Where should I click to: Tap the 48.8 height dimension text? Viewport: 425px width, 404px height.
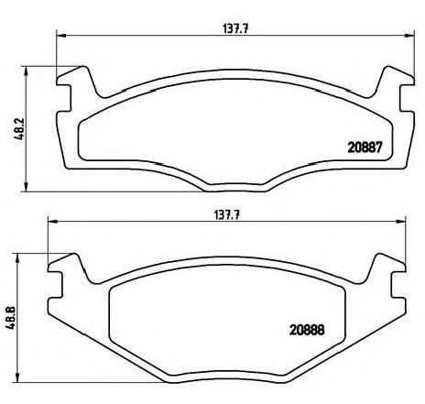click(10, 313)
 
